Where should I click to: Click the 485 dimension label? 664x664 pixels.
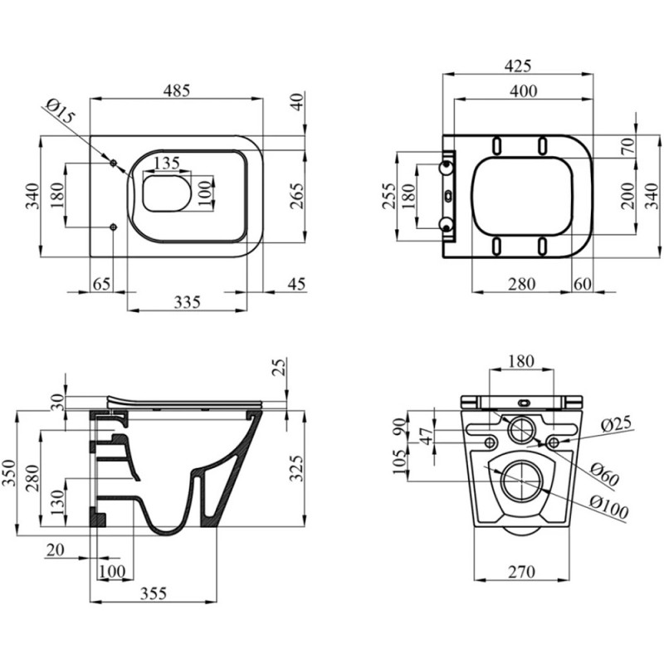pos(177,90)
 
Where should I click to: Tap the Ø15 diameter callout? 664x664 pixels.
pos(60,111)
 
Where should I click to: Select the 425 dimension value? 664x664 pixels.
pos(517,66)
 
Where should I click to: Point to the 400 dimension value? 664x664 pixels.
pos(524,91)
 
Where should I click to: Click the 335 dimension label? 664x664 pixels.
pos(188,302)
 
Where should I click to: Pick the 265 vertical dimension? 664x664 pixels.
pos(298,196)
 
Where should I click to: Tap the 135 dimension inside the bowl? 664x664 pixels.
pos(167,163)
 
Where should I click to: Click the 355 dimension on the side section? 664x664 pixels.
pos(154,593)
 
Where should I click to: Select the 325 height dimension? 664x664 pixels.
pos(297,468)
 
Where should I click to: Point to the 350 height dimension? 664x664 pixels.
pos(9,473)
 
